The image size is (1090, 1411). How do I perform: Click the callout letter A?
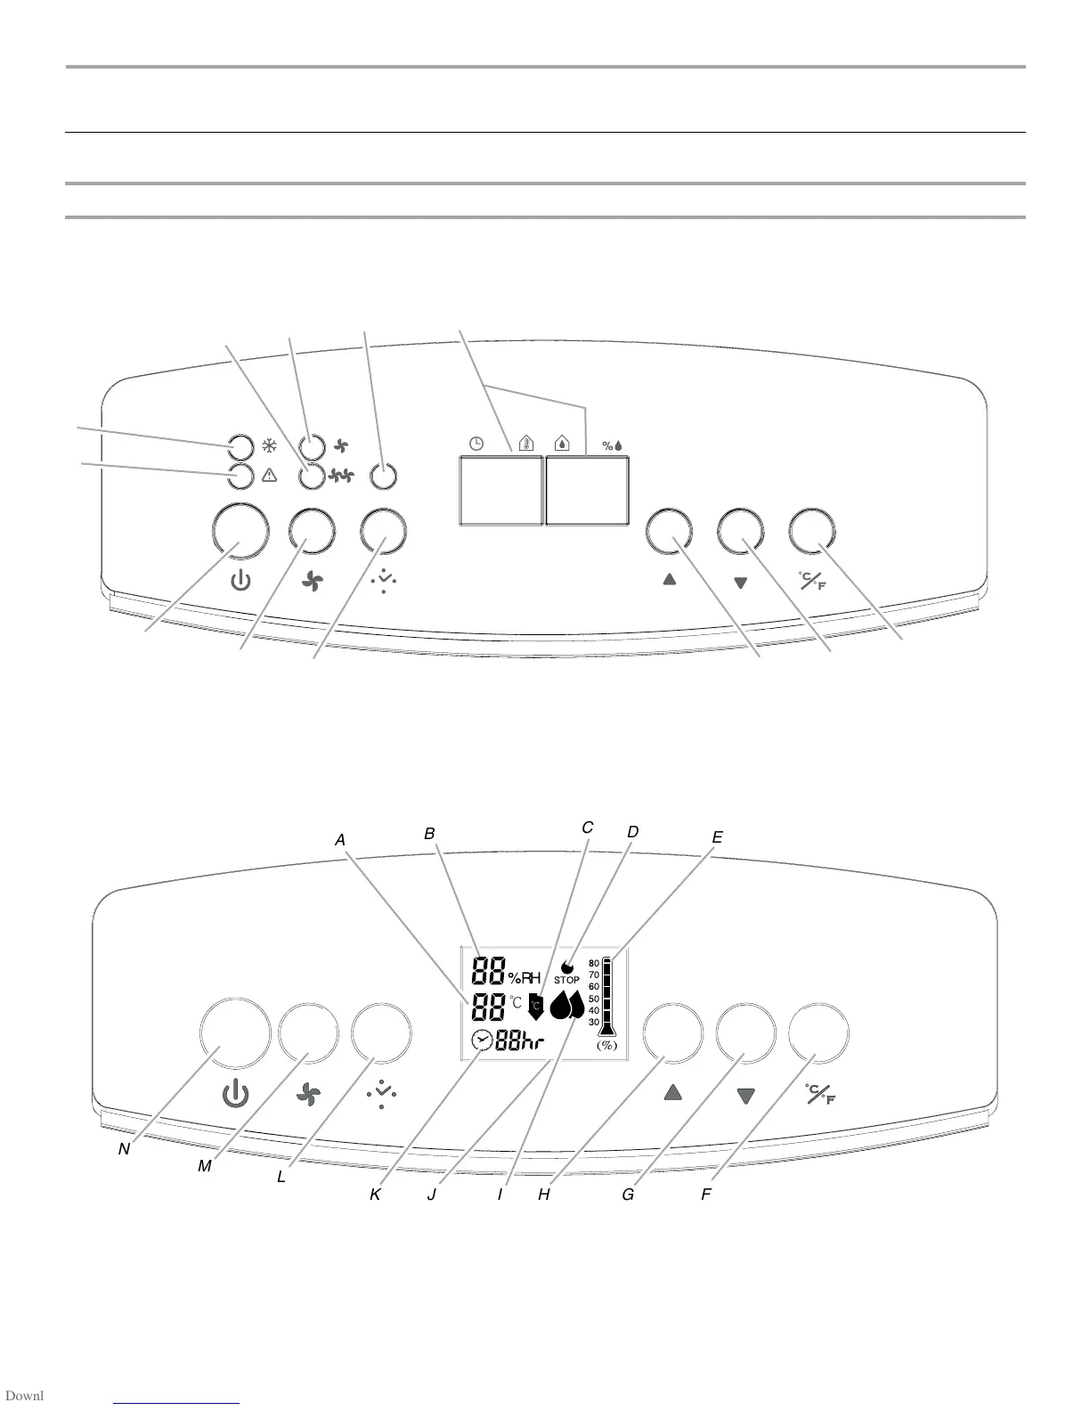[339, 839]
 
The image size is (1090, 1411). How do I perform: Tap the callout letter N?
[124, 1149]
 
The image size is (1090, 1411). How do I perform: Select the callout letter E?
[717, 837]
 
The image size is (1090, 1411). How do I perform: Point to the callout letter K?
[375, 1195]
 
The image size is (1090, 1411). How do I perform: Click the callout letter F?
[705, 1195]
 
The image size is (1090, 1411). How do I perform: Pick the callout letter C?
[587, 828]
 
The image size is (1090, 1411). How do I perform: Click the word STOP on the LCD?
[567, 980]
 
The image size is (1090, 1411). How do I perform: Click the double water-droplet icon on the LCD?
[567, 1005]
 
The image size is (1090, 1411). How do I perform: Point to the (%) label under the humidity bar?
[606, 1045]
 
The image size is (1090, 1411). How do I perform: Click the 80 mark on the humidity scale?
[594, 963]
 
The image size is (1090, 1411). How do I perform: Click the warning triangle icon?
[268, 476]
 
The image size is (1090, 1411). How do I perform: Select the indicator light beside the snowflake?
[239, 445]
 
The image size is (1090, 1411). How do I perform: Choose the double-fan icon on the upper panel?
[340, 477]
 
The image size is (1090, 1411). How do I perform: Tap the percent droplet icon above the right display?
[613, 445]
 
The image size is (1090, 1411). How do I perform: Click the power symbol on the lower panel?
[235, 1094]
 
